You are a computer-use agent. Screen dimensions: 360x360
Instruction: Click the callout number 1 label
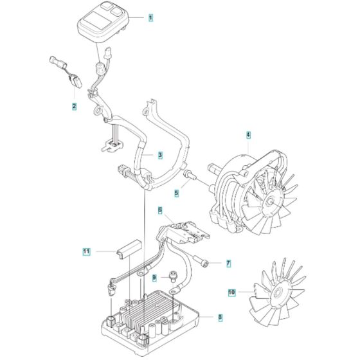[150, 17]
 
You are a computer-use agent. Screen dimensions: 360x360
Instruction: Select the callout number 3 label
[160, 155]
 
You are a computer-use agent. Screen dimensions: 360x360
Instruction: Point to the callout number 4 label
[248, 135]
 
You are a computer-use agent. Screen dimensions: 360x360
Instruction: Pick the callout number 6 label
[160, 210]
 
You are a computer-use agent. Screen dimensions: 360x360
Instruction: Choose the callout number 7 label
[228, 264]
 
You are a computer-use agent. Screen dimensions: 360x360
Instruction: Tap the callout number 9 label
[154, 278]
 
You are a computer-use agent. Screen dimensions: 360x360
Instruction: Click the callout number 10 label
[232, 292]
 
